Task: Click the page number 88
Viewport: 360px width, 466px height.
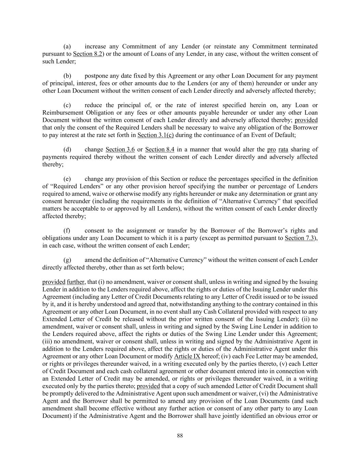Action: click(180, 436)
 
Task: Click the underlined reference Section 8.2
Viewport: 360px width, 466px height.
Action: click(88, 54)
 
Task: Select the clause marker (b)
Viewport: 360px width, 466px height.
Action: click(67, 76)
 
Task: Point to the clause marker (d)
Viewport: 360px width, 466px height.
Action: click(67, 150)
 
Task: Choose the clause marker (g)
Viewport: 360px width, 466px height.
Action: click(67, 260)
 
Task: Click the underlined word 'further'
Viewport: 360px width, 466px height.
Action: click(75, 282)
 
